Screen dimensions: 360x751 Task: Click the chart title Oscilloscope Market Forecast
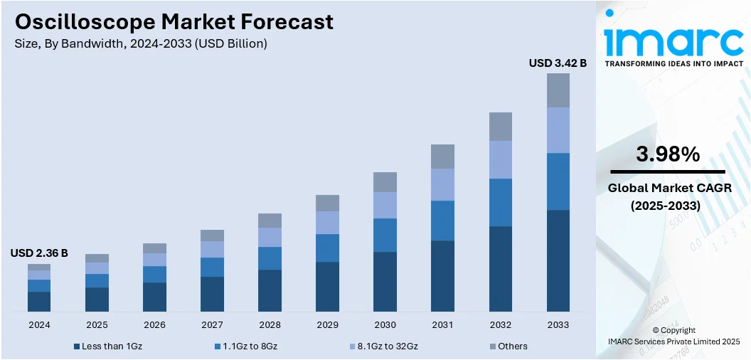point(174,22)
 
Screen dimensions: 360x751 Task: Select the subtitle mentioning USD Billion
point(141,44)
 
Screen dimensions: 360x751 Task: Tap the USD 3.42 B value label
point(558,63)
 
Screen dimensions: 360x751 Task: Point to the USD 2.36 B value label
point(39,253)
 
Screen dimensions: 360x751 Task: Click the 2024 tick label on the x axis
point(39,324)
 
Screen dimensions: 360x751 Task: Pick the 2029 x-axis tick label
point(327,324)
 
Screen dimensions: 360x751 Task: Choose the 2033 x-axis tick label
point(558,324)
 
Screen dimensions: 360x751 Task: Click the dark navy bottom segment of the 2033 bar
point(558,260)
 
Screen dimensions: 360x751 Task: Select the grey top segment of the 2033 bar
point(558,90)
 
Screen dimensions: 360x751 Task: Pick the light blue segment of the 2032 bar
point(500,159)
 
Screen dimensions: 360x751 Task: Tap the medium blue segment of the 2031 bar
point(442,221)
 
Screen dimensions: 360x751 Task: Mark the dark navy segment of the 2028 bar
point(270,290)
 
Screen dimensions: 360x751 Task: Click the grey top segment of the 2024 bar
point(39,267)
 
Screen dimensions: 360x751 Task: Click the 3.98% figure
point(668,154)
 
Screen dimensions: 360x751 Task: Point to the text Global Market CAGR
point(668,189)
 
